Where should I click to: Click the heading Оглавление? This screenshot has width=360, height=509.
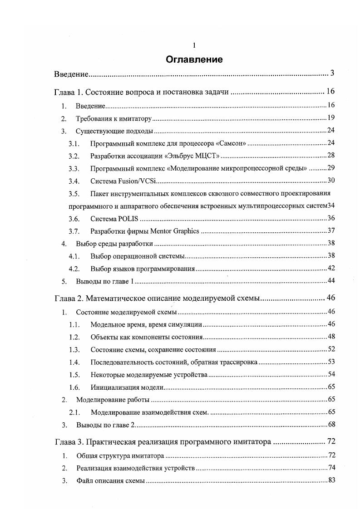(194, 59)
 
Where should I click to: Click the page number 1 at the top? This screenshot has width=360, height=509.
(194, 45)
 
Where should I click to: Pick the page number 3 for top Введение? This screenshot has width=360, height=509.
(332, 73)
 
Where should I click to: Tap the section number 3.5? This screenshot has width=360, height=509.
(74, 194)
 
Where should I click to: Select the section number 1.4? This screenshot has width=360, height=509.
(74, 362)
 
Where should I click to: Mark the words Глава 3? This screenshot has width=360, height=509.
(69, 441)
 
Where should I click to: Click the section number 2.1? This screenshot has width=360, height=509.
(74, 412)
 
